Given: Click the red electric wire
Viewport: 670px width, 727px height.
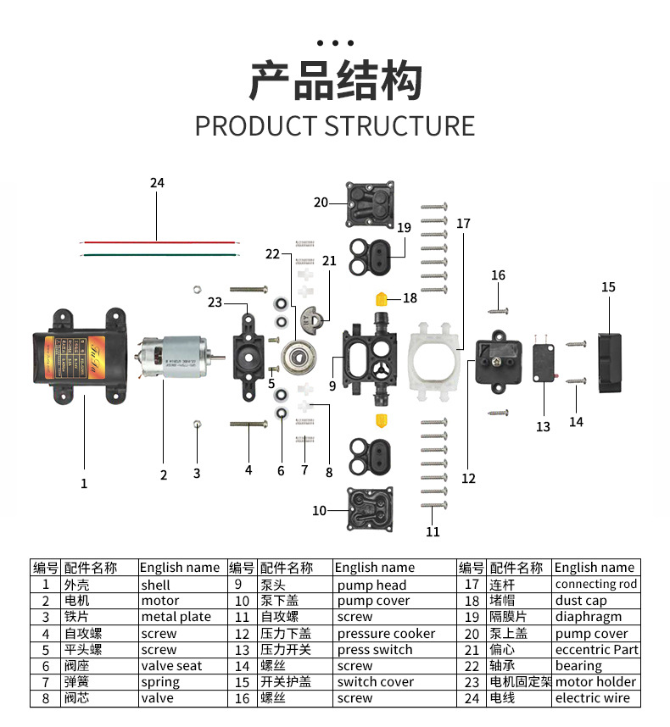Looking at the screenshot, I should pyautogui.click(x=157, y=241).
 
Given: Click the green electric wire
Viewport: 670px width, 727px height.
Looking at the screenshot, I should pyautogui.click(x=157, y=253).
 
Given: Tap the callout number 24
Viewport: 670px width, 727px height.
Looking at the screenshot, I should pyautogui.click(x=157, y=183).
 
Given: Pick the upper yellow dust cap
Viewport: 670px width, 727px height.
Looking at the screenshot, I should pyautogui.click(x=382, y=298).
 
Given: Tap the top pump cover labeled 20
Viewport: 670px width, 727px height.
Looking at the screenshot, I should pyautogui.click(x=371, y=205).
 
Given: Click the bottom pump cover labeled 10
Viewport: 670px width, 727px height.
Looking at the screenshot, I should pyautogui.click(x=371, y=508).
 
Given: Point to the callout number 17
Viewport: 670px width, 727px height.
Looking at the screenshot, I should pyautogui.click(x=463, y=224).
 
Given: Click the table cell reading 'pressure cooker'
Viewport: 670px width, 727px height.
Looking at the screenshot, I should pyautogui.click(x=386, y=634).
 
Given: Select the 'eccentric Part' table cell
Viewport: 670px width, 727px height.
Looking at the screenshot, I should pyautogui.click(x=597, y=650).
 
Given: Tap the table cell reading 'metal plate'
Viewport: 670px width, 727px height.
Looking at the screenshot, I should pyautogui.click(x=176, y=617).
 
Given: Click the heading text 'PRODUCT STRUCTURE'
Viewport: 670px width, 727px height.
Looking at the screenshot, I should pyautogui.click(x=335, y=125).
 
